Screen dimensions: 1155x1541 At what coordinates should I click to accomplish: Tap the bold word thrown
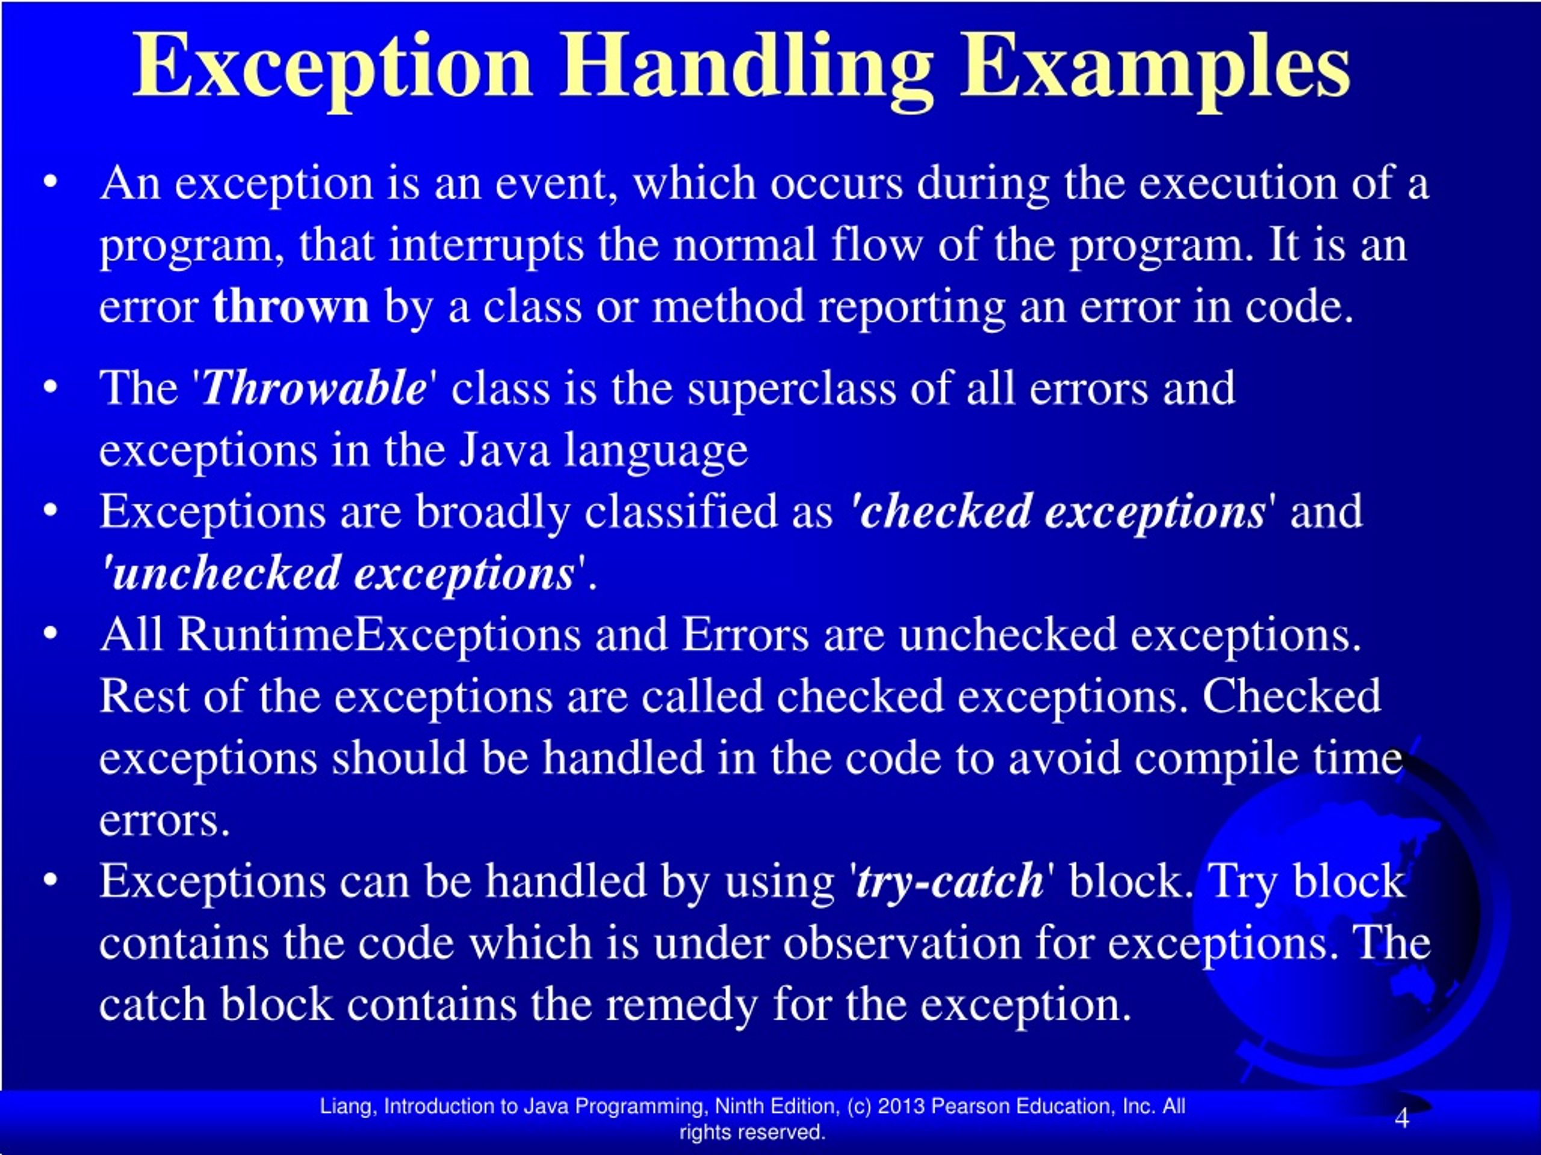point(291,306)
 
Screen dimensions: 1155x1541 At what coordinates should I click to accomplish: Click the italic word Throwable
point(314,388)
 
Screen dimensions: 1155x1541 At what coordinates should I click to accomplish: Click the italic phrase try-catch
point(949,881)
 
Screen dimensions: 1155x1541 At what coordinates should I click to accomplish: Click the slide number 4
point(1402,1118)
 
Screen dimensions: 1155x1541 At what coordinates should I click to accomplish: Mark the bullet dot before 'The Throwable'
point(49,387)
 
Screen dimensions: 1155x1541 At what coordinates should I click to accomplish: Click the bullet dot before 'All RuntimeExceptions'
point(49,634)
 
